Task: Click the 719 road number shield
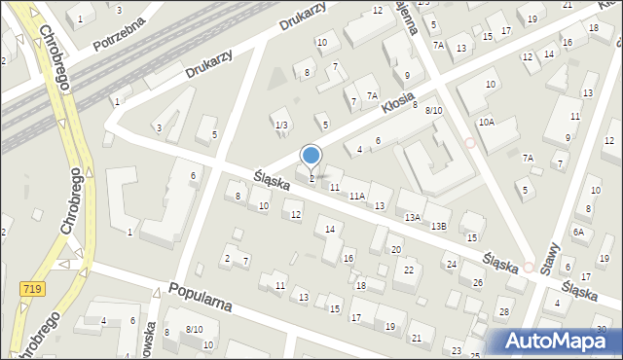click(x=32, y=288)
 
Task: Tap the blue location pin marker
click(x=311, y=157)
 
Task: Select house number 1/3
click(x=280, y=125)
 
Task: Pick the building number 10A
click(x=487, y=122)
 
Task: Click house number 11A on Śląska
click(x=357, y=196)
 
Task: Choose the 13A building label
click(x=413, y=217)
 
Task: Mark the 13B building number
click(x=439, y=226)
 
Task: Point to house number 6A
click(x=578, y=232)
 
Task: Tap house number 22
click(x=410, y=270)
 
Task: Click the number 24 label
click(x=451, y=264)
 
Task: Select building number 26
click(x=478, y=282)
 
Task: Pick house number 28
click(x=503, y=311)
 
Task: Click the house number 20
click(x=396, y=250)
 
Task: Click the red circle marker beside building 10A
click(x=470, y=142)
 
